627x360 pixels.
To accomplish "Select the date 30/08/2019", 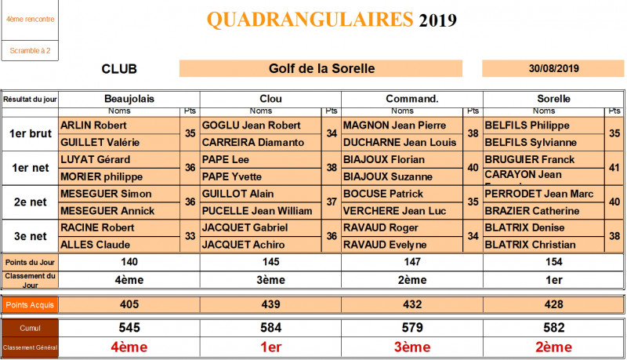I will point(554,68).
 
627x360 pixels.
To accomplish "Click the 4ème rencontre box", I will point(30,19).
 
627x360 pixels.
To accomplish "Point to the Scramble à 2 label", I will point(30,51).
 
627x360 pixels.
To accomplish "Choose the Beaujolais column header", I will point(129,99).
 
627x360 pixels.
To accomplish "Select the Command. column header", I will point(411,99).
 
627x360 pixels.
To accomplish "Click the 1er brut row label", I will point(30,133).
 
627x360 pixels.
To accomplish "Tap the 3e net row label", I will point(30,235).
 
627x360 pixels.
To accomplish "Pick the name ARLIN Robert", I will point(93,125).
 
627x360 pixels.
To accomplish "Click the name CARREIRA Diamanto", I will point(252,142).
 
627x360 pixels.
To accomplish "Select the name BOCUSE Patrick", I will point(383,194).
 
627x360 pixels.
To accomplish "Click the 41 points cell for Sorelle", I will point(614,167).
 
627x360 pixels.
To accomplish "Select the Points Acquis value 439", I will point(270,304).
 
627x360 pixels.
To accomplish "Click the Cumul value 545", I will point(129,327).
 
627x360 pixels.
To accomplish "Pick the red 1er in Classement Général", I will point(270,347).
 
